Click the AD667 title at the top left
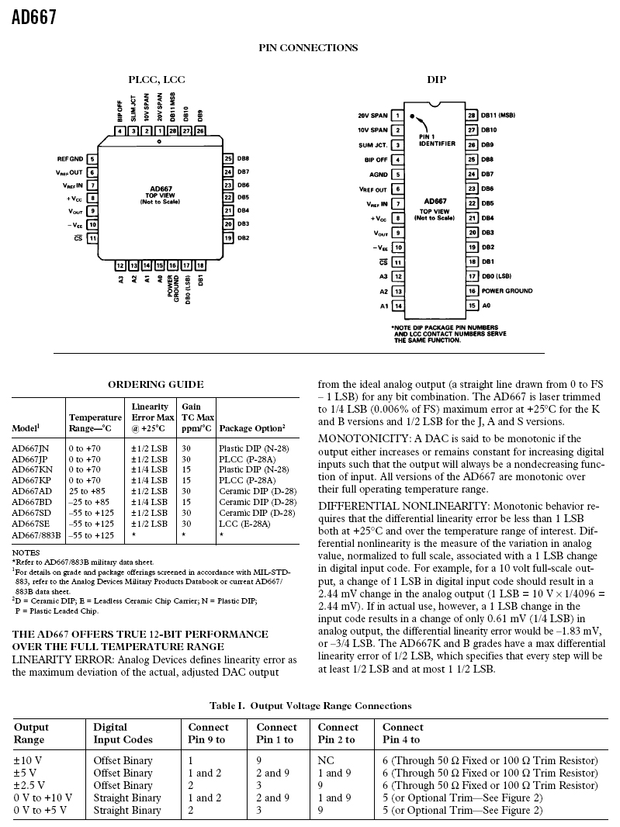[x=34, y=17]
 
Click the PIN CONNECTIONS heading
[x=308, y=48]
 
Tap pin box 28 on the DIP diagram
[x=471, y=116]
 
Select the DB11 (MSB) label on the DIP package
[x=498, y=116]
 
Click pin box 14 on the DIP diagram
[x=398, y=306]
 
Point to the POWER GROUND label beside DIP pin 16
[x=507, y=291]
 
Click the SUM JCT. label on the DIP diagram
[x=372, y=145]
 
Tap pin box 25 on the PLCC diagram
[x=228, y=159]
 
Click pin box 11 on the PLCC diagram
[x=92, y=238]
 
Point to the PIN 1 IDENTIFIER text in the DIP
[x=437, y=140]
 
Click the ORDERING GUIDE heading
[x=156, y=384]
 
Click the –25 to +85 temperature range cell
[x=86, y=502]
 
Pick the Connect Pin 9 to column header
[x=208, y=733]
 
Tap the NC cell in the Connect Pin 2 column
[x=326, y=760]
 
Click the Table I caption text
[x=310, y=705]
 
